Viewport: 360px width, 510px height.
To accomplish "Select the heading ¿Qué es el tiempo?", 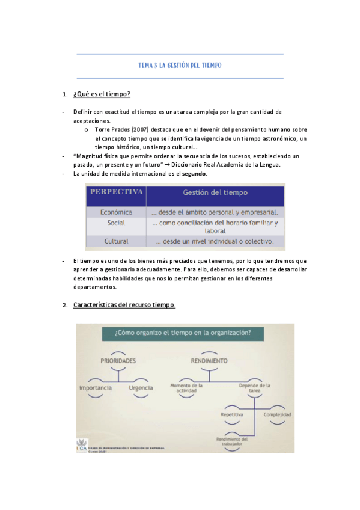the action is pyautogui.click(x=102, y=95).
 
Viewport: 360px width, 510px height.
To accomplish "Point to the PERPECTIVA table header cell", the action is pyautogui.click(x=116, y=192).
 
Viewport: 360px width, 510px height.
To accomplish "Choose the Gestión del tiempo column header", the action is pyautogui.click(x=215, y=193).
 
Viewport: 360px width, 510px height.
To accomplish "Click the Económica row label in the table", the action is pyautogui.click(x=116, y=212).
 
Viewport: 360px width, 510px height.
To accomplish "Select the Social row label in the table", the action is pyautogui.click(x=116, y=223).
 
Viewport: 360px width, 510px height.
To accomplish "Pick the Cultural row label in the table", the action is pyautogui.click(x=116, y=241).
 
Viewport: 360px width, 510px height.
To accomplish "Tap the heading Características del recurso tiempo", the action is pyautogui.click(x=124, y=305).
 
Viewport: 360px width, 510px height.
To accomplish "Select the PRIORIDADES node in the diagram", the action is pyautogui.click(x=118, y=360).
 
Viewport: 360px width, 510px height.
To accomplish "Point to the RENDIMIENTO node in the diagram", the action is pyautogui.click(x=209, y=360).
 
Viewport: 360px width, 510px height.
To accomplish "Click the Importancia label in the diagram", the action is pyautogui.click(x=96, y=388).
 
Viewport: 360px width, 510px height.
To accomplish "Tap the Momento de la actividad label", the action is pyautogui.click(x=186, y=388).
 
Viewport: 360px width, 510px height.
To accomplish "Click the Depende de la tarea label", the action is pyautogui.click(x=254, y=388).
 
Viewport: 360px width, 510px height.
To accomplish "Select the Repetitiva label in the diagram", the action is pyautogui.click(x=232, y=415).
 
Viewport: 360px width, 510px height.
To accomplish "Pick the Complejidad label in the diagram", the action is pyautogui.click(x=277, y=415).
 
